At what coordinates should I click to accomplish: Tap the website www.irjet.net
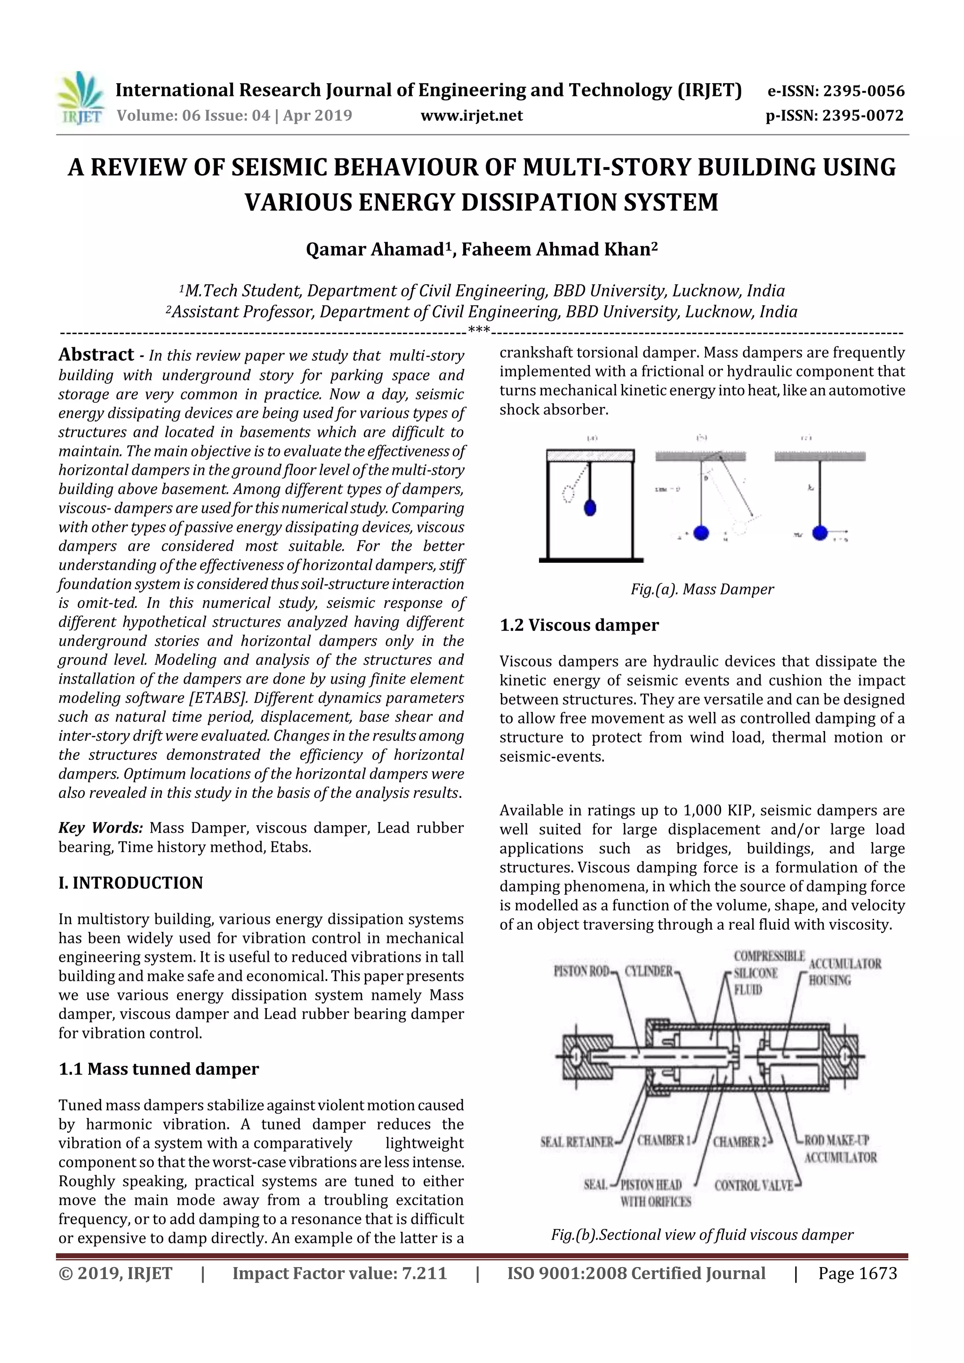coord(472,115)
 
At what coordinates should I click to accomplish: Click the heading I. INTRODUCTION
coord(131,883)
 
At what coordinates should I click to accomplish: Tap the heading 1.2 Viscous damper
coord(579,625)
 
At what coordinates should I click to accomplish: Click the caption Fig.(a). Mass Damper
coord(702,589)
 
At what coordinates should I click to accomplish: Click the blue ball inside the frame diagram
coord(590,508)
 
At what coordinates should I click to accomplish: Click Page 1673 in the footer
coord(857,1273)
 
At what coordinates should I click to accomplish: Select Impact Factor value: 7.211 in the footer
coord(339,1273)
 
